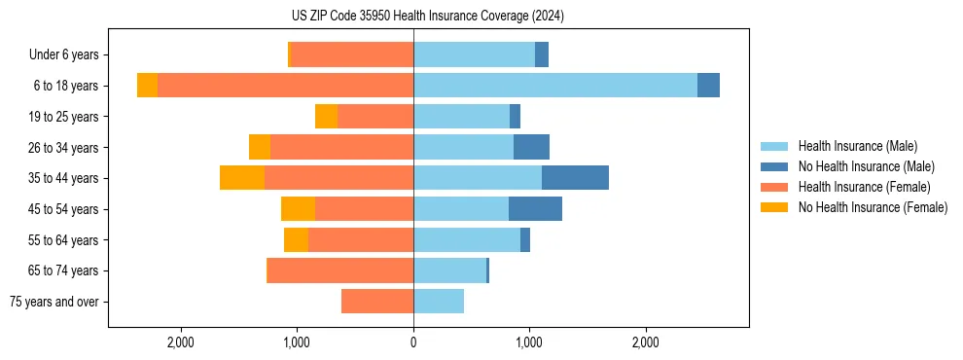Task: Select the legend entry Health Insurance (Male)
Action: pos(857,146)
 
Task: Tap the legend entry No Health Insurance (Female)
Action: pos(873,207)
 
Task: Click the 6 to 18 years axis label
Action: pos(66,86)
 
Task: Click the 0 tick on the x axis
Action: pos(413,342)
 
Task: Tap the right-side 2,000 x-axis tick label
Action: pos(646,342)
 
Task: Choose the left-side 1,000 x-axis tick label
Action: pos(297,342)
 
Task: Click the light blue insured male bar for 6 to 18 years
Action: pos(554,86)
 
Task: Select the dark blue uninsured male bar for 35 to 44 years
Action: pos(575,178)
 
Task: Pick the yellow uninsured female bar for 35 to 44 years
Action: pos(242,178)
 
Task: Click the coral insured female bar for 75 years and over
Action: pos(377,302)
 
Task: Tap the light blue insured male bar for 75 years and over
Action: pos(439,302)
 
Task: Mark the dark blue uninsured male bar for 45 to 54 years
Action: pos(535,209)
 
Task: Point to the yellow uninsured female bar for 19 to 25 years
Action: pos(326,117)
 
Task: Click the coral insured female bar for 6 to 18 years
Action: pos(285,86)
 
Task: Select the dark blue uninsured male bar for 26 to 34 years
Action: pos(531,147)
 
